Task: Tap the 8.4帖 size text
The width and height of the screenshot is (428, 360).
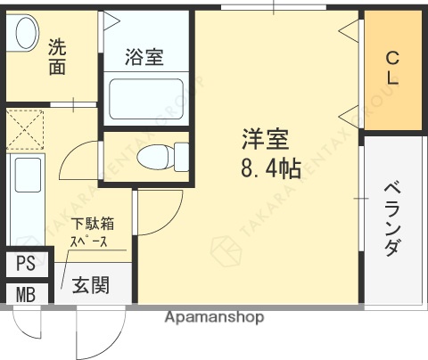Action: (268, 168)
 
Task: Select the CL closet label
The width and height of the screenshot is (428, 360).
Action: (391, 69)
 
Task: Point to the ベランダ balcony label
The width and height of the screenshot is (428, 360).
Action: (391, 219)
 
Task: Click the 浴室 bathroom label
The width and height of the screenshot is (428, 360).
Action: (144, 59)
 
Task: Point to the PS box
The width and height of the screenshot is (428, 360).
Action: (25, 265)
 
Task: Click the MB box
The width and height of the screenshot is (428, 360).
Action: (25, 294)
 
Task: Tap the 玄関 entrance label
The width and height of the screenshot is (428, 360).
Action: (91, 286)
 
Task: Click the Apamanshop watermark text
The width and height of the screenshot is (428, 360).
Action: (214, 317)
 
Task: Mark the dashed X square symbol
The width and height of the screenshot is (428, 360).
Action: (25, 129)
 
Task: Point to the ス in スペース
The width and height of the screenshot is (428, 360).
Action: (77, 241)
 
